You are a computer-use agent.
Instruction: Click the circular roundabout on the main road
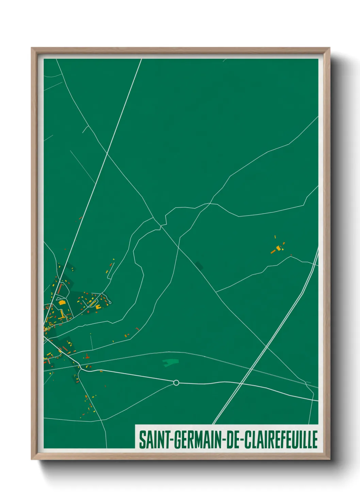[176, 382]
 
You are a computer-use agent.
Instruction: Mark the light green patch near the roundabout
[170, 362]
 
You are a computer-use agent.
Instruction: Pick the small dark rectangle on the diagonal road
[199, 265]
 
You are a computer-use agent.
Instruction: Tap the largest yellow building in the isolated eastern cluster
[279, 248]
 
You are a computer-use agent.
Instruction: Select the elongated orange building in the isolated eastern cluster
[273, 252]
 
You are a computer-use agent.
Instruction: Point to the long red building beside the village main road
[60, 289]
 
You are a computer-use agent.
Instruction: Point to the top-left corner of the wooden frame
[32, 48]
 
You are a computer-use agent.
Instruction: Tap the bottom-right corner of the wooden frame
[330, 459]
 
